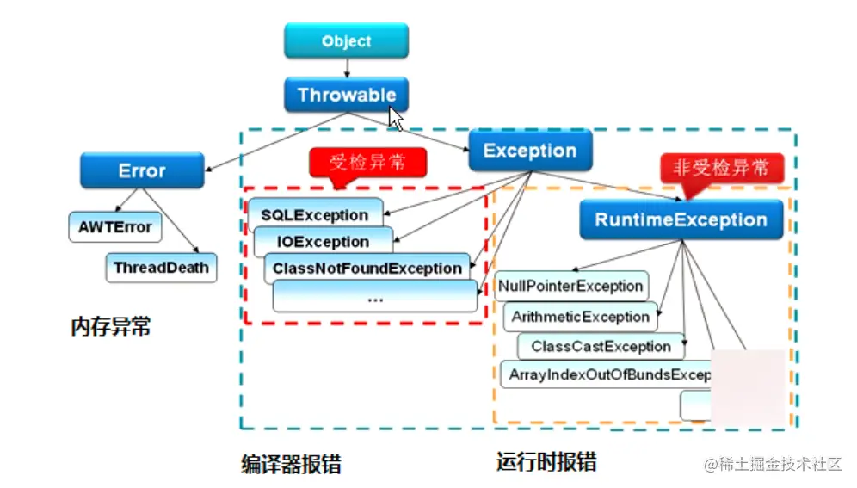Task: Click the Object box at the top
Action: point(346,41)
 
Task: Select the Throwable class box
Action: point(346,95)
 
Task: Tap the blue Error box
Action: point(142,170)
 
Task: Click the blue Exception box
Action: point(529,151)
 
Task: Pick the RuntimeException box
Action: point(681,219)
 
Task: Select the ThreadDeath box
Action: point(161,267)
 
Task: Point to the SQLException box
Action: point(315,214)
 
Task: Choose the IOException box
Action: point(324,242)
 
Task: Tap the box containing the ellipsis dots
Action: point(374,297)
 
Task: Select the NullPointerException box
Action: point(570,286)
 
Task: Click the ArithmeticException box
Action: point(580,317)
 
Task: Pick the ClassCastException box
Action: point(601,347)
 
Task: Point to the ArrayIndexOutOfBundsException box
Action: point(607,375)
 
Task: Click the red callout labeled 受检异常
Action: point(366,162)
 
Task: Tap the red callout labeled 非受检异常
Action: point(721,168)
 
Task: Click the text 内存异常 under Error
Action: point(111,326)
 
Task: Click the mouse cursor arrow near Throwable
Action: point(396,117)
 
